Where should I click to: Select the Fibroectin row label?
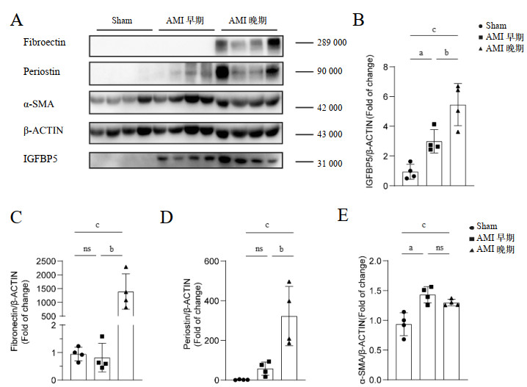pyautogui.click(x=45, y=43)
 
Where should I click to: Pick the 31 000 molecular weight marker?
pyautogui.click(x=324, y=163)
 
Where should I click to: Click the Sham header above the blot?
pyautogui.click(x=123, y=20)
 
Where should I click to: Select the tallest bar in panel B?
pyautogui.click(x=458, y=145)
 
